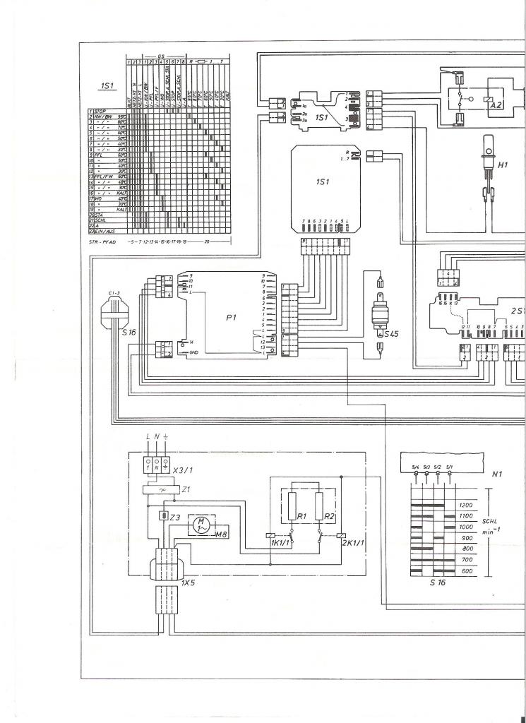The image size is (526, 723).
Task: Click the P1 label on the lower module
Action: pos(231,318)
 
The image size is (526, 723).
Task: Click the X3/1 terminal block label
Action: pos(184,469)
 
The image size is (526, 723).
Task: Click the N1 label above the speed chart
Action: pos(496,475)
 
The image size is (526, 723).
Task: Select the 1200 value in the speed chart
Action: pos(465,506)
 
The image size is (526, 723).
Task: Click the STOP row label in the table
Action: pos(104,111)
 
